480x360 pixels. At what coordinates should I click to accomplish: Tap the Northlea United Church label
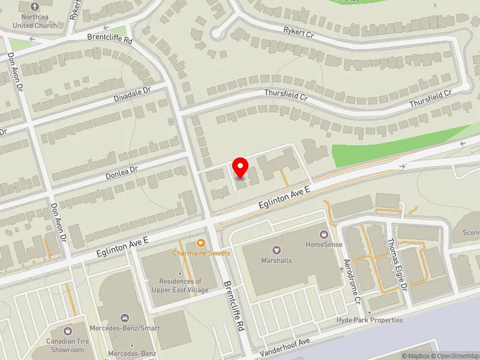coord(37,22)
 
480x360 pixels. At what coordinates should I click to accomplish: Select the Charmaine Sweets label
coord(201,253)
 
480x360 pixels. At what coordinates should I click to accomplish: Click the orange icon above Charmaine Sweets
coord(200,243)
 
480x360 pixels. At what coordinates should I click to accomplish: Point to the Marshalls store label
coord(276,260)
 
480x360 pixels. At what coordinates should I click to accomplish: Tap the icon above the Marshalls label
coord(276,250)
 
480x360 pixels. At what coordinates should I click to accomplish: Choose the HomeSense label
coord(324,244)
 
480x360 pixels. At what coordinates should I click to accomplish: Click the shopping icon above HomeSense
coord(324,234)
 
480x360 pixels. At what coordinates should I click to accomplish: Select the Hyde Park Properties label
coord(370,320)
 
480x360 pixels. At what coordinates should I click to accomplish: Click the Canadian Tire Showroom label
coord(67,346)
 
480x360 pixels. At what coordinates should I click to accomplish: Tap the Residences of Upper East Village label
coord(181,286)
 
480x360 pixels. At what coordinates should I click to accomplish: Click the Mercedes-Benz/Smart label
coord(125,328)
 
